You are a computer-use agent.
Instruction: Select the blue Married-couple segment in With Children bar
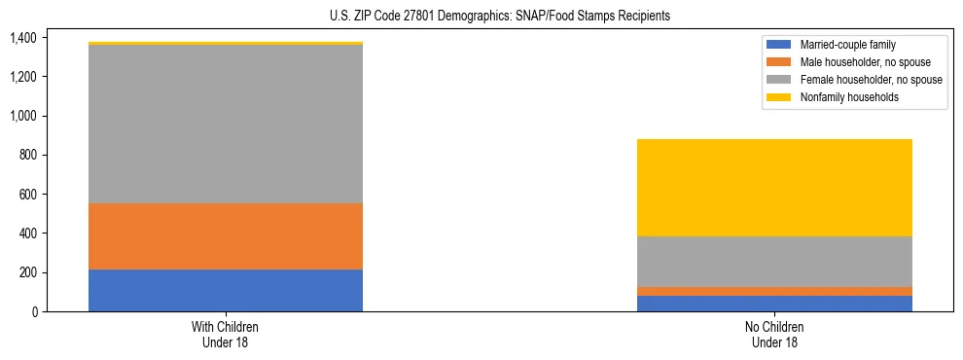226,290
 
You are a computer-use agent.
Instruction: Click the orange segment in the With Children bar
226,236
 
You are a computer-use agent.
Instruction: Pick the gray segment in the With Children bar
226,125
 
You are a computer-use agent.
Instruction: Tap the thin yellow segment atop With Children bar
226,44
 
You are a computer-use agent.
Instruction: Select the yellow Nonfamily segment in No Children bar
774,188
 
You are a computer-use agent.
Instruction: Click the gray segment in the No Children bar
774,262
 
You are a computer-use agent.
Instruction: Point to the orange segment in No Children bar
774,291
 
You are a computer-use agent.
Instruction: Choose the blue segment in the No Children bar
774,304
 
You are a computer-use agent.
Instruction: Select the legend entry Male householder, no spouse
865,62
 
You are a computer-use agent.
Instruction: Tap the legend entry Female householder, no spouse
871,80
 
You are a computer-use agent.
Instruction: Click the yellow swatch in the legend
779,97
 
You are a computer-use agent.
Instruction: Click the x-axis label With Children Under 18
226,334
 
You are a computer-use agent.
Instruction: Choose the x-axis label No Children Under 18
774,334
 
